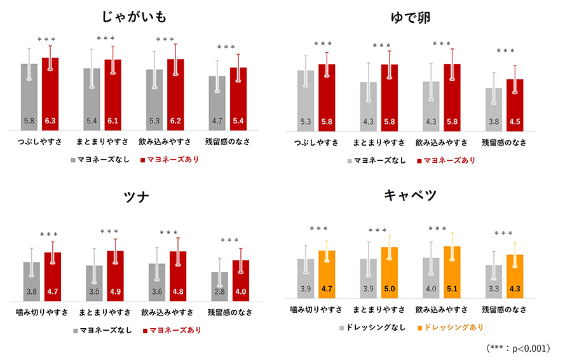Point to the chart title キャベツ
(x=411, y=195)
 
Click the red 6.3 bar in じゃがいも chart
(x=50, y=95)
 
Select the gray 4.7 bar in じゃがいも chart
(x=218, y=105)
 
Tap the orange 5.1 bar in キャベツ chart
(x=452, y=273)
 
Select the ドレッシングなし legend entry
(x=372, y=327)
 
